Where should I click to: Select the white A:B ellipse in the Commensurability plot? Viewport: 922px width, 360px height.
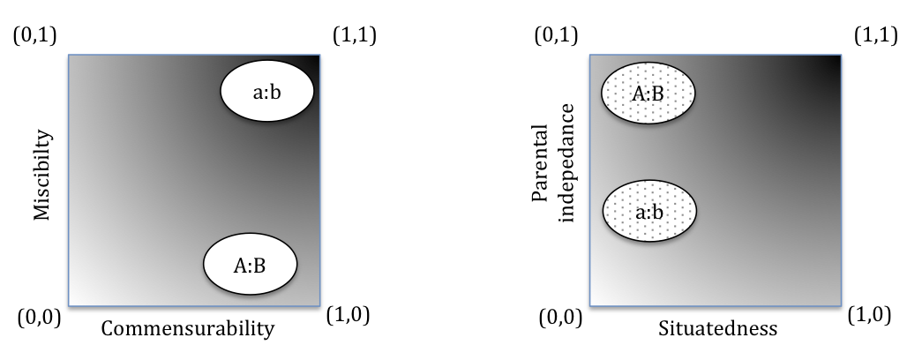tap(251, 263)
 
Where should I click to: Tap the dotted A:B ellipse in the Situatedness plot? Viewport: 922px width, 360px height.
tap(648, 93)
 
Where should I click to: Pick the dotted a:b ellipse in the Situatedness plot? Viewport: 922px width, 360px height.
tap(650, 211)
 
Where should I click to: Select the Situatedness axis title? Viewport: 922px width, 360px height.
tap(717, 329)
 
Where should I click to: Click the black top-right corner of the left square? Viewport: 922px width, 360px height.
tap(313, 61)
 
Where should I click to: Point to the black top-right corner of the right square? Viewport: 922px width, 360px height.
tap(835, 61)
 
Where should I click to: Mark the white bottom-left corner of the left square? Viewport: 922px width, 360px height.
tap(73, 301)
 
